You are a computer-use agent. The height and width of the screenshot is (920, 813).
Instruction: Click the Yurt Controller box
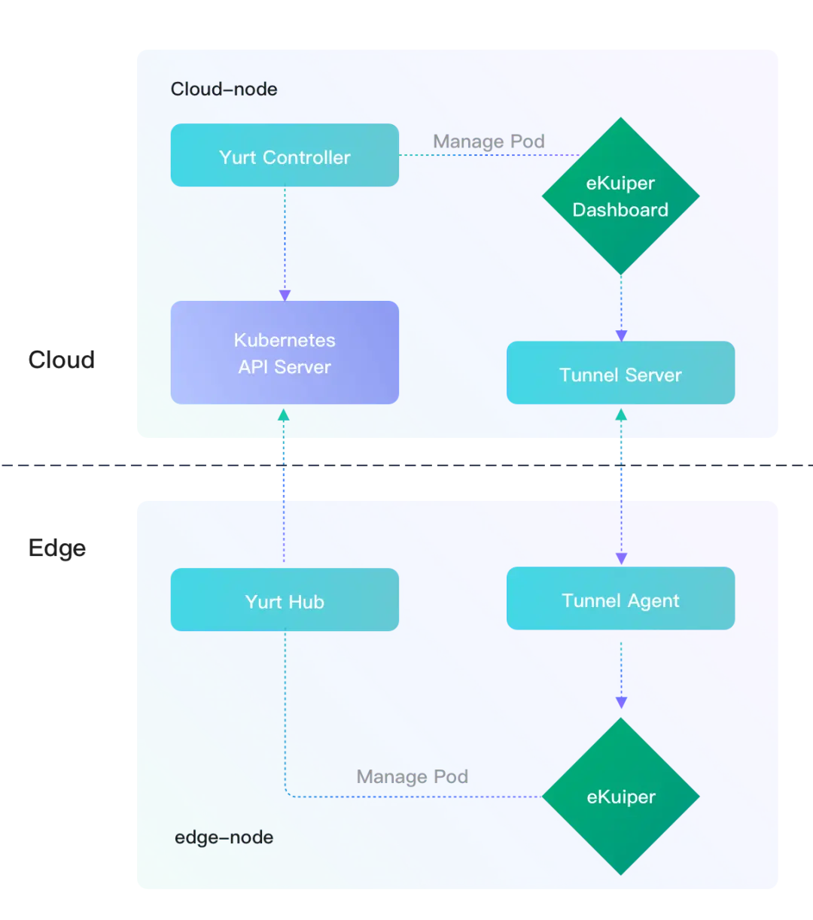[x=285, y=156]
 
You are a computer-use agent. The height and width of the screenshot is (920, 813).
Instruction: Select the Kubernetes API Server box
[x=285, y=353]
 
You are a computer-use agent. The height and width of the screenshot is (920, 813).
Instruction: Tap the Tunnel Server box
[x=620, y=374]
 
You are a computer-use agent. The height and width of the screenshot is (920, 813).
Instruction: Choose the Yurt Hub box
[x=285, y=600]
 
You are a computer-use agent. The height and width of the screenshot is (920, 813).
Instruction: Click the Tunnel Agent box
[x=620, y=599]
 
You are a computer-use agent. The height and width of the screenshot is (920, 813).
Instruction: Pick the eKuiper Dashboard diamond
[x=620, y=196]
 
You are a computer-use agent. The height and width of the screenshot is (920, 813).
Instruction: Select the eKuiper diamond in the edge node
[x=620, y=796]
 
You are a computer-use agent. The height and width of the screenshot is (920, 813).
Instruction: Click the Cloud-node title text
[x=224, y=89]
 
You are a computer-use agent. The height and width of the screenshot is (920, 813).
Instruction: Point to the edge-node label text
[x=224, y=837]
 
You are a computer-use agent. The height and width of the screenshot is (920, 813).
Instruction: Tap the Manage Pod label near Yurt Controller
[x=489, y=141]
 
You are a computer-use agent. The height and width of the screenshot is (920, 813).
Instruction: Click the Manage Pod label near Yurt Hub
[x=412, y=776]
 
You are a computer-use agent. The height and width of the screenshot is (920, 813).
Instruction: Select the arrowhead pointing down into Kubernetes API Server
[x=285, y=296]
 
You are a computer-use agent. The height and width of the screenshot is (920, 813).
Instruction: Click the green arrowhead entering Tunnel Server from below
[x=621, y=414]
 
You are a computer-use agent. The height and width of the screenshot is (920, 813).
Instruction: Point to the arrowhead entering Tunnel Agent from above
[x=621, y=558]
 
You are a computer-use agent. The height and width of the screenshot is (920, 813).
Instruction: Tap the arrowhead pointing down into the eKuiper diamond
[x=621, y=703]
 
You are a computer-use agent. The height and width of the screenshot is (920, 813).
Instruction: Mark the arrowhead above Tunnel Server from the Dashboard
[x=621, y=336]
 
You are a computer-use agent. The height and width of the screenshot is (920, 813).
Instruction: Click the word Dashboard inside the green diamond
[x=620, y=210]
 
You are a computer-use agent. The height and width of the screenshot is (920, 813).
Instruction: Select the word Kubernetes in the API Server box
[x=285, y=340]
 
